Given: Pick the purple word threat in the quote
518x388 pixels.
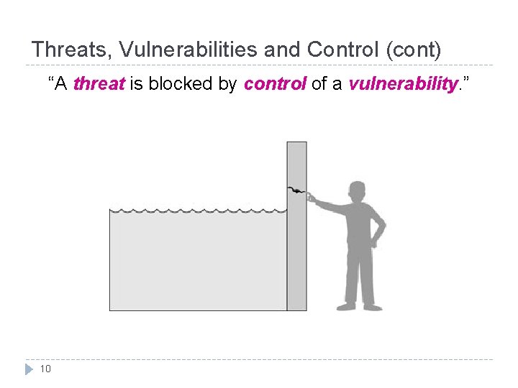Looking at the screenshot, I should tap(99, 84).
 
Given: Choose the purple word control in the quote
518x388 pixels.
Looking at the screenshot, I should tap(276, 84).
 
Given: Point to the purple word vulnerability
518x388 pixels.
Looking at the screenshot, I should tap(403, 84).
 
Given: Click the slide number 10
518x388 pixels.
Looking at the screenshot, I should tap(45, 369).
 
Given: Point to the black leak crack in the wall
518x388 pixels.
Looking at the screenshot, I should tap(296, 192).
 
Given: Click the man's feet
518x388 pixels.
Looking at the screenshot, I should tap(359, 306).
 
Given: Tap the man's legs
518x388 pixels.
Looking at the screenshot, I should tap(359, 277).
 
